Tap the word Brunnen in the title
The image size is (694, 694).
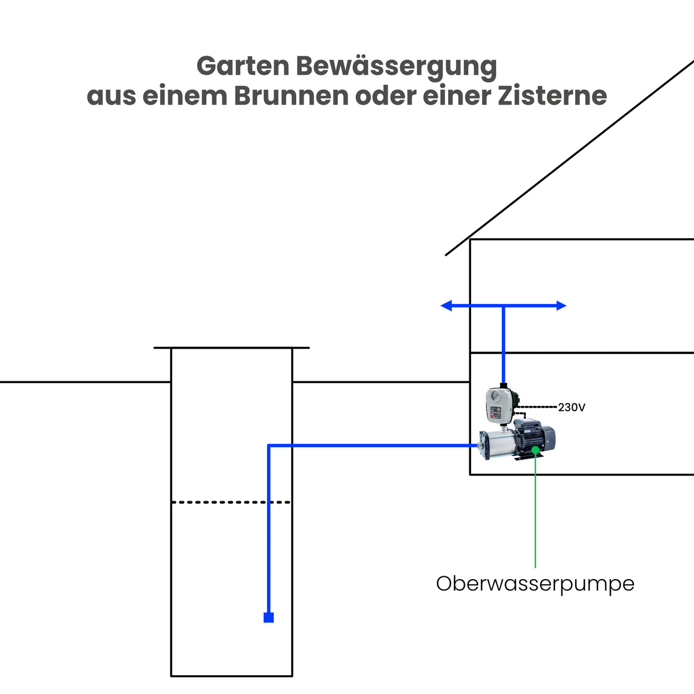[292, 95]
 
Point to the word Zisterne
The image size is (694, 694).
[552, 95]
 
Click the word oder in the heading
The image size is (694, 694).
[386, 95]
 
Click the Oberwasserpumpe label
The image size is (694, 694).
[535, 584]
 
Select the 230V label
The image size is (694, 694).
[572, 408]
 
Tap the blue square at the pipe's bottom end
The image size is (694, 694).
[269, 617]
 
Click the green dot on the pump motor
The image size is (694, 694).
[536, 450]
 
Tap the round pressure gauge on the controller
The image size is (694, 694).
[496, 396]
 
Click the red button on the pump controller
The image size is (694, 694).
[493, 416]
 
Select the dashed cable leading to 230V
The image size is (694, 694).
[537, 407]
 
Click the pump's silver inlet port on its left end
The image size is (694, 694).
[480, 445]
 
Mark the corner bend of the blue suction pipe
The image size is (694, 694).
[269, 445]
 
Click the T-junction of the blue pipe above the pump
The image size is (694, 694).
[504, 306]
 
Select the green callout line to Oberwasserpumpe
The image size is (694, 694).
[535, 514]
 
